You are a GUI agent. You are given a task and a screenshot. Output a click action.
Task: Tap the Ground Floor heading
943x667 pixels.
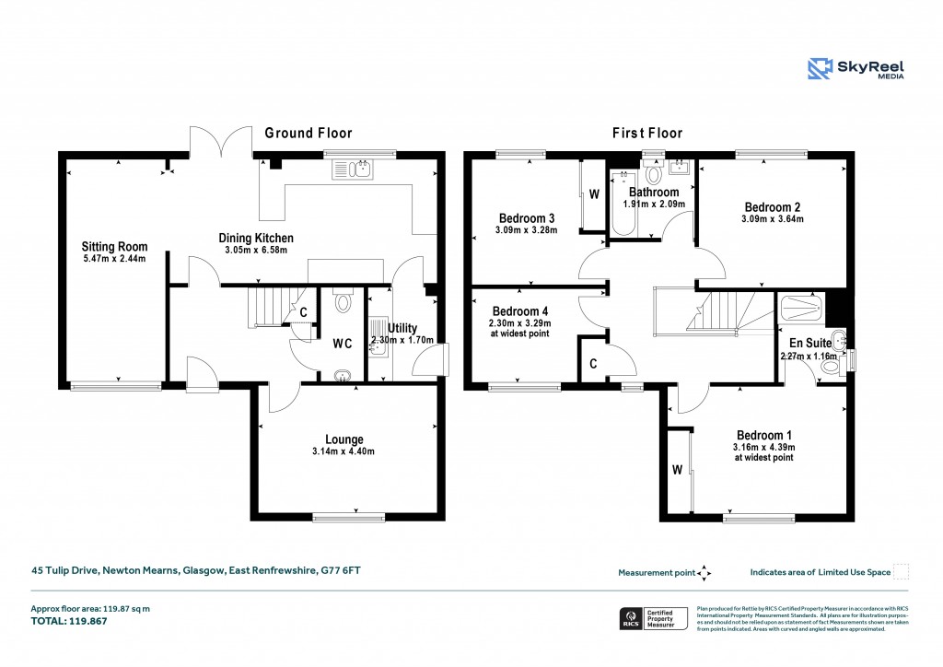tap(309, 133)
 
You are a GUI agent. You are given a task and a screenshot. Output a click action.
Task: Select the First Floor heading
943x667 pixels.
tap(647, 133)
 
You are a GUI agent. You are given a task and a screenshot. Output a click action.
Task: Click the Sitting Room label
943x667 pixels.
tap(114, 247)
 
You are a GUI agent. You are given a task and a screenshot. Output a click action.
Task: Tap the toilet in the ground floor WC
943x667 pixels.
tap(343, 301)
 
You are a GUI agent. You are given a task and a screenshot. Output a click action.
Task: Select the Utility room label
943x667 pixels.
tap(402, 328)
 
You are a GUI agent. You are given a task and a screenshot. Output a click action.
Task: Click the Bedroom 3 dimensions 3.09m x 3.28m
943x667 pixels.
tap(525, 229)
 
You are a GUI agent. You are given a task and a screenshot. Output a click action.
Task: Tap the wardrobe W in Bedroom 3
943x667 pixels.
tap(594, 194)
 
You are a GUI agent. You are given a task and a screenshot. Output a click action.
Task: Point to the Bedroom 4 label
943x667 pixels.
tap(519, 310)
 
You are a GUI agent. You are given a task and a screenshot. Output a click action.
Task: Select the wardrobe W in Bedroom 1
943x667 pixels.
tap(677, 470)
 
